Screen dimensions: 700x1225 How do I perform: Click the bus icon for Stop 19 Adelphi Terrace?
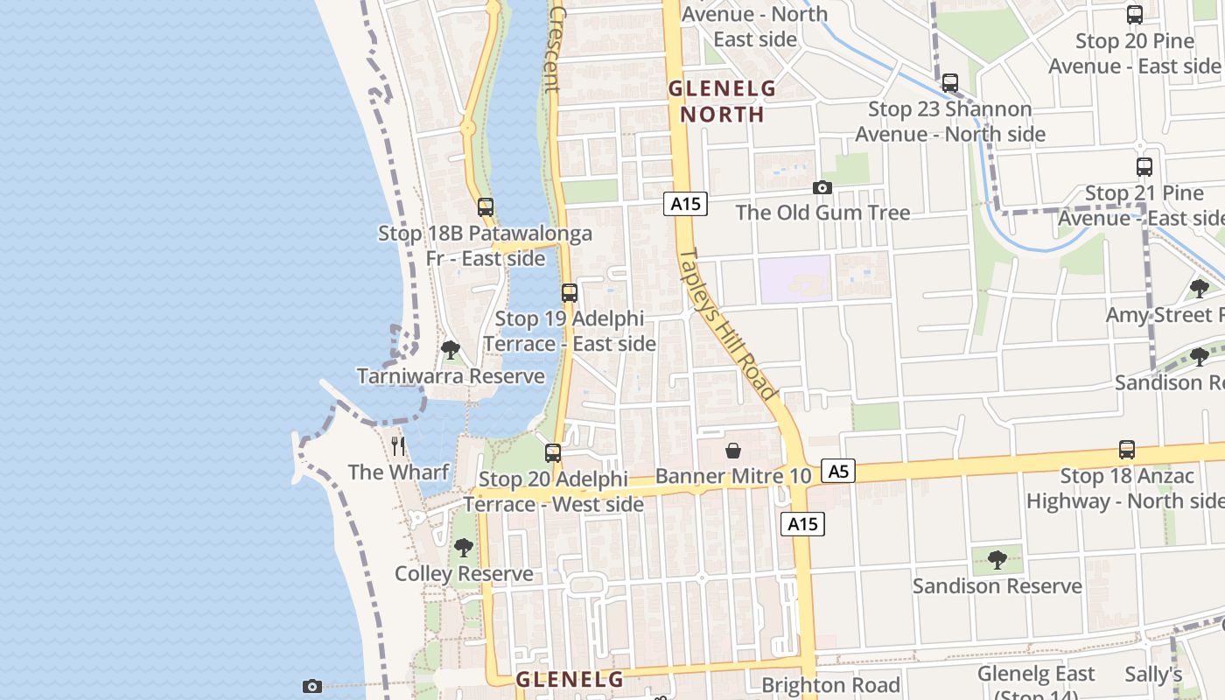(570, 293)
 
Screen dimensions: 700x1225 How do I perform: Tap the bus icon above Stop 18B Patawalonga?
(486, 207)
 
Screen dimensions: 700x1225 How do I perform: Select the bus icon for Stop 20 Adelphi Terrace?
(553, 453)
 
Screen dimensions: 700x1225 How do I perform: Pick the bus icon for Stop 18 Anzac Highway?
(1127, 450)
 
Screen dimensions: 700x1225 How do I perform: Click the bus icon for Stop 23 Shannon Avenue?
(950, 83)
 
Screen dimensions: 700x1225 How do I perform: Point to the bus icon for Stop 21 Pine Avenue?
(1144, 167)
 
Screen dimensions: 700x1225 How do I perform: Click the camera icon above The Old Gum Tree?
(822, 187)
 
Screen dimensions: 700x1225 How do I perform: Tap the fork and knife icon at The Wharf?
(398, 446)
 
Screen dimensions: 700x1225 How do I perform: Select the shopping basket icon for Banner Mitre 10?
(733, 451)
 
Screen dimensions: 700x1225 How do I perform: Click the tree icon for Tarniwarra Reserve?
(451, 350)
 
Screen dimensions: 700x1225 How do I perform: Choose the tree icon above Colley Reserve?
(464, 548)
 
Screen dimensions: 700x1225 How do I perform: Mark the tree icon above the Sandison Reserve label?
(997, 560)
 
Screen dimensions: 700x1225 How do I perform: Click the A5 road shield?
(838, 472)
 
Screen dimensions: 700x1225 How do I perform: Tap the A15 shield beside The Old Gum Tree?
(684, 204)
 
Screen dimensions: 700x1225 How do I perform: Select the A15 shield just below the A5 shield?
(802, 523)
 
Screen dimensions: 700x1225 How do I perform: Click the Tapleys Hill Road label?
(728, 325)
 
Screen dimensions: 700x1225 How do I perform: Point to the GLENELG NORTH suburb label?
(723, 101)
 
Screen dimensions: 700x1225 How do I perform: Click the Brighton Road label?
(830, 684)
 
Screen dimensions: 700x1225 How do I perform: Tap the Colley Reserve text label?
(464, 574)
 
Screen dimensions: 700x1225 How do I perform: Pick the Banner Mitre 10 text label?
(733, 476)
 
